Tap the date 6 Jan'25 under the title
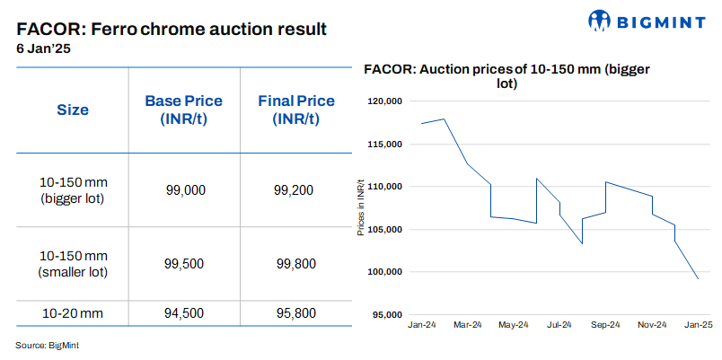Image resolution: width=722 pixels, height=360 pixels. click(43, 49)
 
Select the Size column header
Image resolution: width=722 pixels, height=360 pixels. click(73, 110)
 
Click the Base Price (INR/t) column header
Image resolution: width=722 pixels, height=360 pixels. click(183, 110)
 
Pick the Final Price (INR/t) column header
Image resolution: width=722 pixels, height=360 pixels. click(295, 110)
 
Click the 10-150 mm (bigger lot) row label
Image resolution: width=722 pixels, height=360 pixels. click(73, 189)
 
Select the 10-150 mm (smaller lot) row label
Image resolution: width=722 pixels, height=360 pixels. click(73, 264)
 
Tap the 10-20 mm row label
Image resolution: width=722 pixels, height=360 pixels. click(73, 313)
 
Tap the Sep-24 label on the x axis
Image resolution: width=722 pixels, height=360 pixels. click(606, 324)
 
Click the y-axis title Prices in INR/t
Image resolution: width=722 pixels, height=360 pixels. click(361, 208)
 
